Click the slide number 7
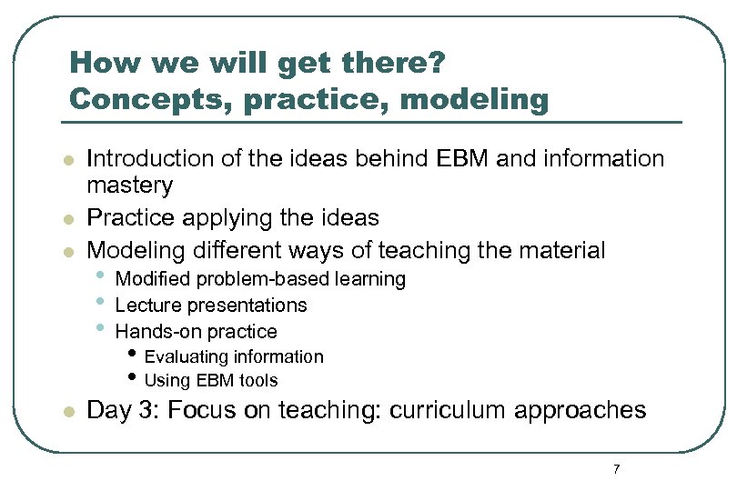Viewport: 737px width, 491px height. click(x=617, y=469)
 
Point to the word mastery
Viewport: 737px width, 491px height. click(x=129, y=185)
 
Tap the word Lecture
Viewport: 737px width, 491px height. click(x=146, y=306)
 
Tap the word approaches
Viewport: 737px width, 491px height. click(x=580, y=410)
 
